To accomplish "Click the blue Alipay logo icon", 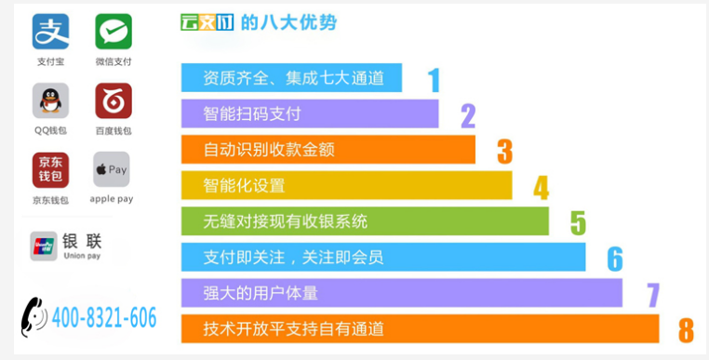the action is tap(50, 32).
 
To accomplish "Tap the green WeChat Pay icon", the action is tap(114, 32).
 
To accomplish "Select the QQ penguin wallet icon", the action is tap(50, 100).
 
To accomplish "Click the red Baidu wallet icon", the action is tap(114, 100).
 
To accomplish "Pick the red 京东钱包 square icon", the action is tap(50, 170).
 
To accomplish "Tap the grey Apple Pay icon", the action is tap(112, 169).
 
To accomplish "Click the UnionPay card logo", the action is tap(44, 246).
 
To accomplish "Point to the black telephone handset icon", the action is tap(33, 316).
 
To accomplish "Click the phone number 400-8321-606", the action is tap(104, 317).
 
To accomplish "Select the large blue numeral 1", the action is tap(435, 81).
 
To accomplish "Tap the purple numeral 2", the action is tap(468, 116).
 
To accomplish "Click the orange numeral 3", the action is tap(505, 152).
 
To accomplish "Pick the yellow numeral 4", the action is tap(542, 188).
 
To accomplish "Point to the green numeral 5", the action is tap(579, 223).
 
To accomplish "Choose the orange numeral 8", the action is tap(686, 330).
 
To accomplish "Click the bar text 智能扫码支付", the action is tap(252, 113).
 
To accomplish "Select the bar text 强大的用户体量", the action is tap(261, 293).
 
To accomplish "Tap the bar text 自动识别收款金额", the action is tap(269, 149).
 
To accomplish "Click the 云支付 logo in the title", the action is tap(207, 22).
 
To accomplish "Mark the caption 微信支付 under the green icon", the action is tap(114, 61).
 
